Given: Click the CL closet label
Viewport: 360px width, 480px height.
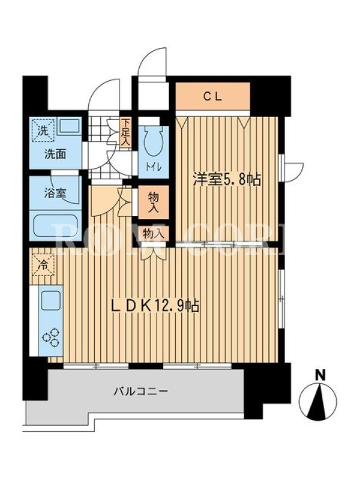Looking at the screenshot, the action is [213, 97].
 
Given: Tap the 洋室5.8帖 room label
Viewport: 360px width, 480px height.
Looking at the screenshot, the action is [227, 179].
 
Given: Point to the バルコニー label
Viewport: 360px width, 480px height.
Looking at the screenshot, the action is [141, 392].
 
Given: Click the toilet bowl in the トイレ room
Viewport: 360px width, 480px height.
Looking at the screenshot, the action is [153, 140].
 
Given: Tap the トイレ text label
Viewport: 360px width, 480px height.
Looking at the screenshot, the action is [153, 167].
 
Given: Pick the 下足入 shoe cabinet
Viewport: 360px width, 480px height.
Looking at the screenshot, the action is [125, 133].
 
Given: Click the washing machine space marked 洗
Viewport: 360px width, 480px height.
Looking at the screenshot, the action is [43, 130].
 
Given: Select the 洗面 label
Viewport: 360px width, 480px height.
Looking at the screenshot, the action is [55, 154].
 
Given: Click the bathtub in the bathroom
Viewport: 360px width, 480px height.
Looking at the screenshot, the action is [55, 226].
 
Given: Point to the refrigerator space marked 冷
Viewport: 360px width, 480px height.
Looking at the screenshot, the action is [43, 265].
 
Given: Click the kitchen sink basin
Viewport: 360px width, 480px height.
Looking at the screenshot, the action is [50, 300].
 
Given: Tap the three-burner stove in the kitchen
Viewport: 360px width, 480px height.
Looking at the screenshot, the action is [50, 337].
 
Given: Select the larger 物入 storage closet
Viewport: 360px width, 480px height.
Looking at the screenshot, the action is [153, 202].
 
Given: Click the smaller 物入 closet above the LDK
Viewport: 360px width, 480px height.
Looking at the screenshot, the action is [154, 234].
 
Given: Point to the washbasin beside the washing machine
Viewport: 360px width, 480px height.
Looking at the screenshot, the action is [70, 125].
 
